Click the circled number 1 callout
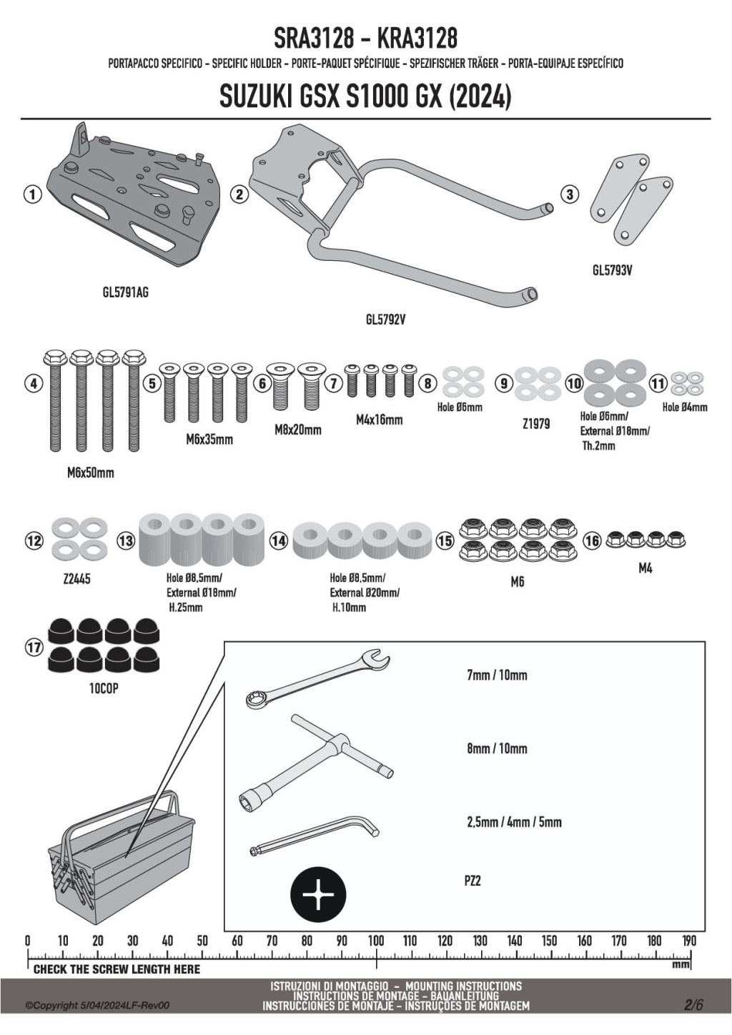(x=32, y=194)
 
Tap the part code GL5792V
(x=386, y=320)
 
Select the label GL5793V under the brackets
(x=613, y=270)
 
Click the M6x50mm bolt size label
(x=91, y=472)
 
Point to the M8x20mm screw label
(x=297, y=430)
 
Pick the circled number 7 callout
(x=334, y=384)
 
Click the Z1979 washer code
(x=536, y=424)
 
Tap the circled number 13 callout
(x=125, y=540)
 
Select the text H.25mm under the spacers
(x=186, y=608)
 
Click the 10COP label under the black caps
(x=104, y=689)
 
